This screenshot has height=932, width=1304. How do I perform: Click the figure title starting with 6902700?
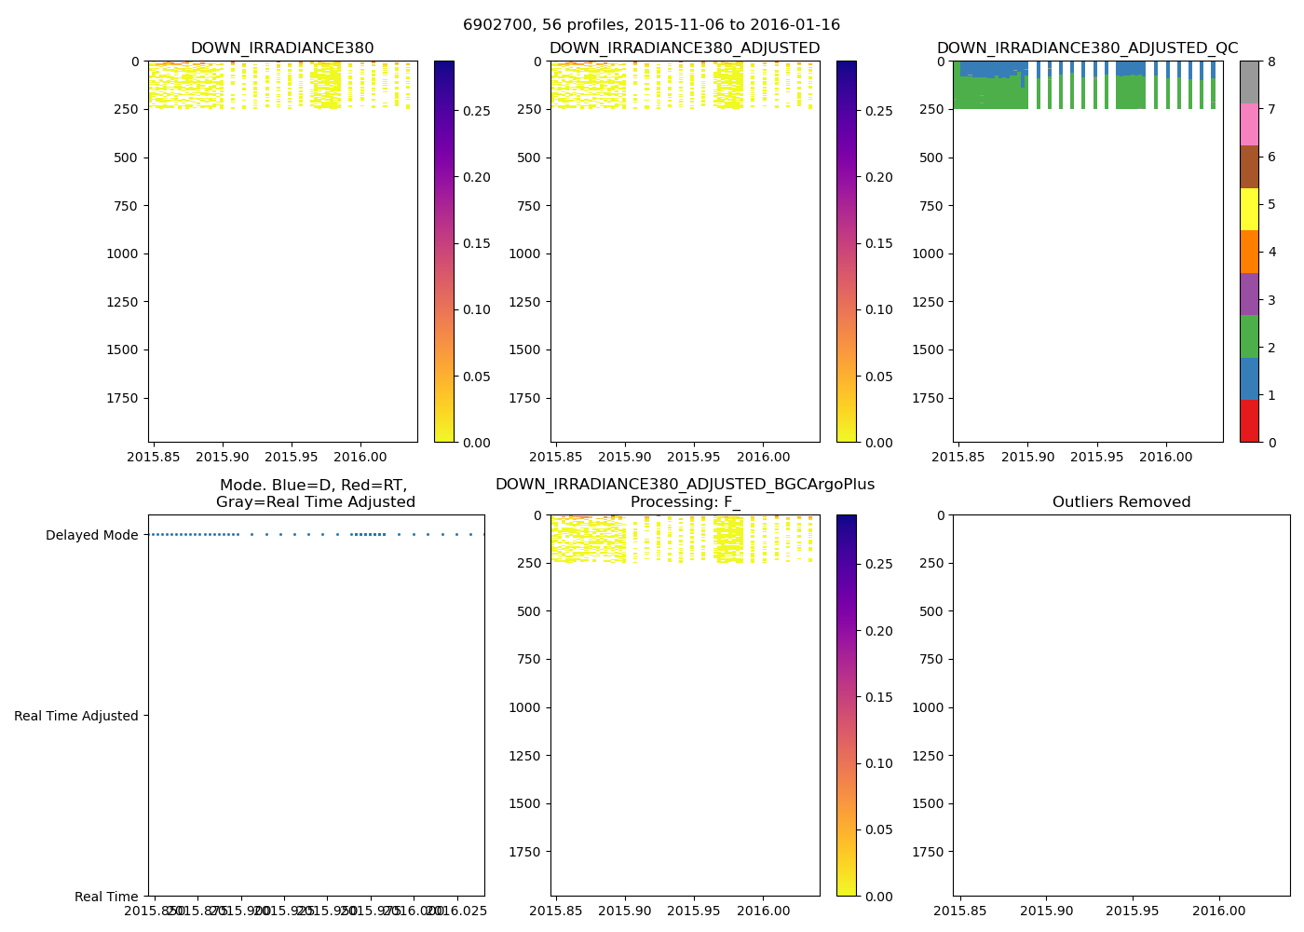[651, 25]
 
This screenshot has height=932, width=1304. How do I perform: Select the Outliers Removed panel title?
[1121, 502]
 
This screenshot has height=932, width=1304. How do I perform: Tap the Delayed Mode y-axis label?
[91, 535]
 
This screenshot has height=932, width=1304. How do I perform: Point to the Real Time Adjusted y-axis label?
[76, 716]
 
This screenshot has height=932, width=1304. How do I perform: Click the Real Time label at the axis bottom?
[106, 897]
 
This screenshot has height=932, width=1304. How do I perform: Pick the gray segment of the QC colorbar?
[1249, 82]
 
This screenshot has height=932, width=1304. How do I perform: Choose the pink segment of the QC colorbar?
[1249, 124]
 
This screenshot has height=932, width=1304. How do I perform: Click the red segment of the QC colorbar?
[1249, 421]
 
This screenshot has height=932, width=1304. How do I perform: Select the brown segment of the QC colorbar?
[1249, 167]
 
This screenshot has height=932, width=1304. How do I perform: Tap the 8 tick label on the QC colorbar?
[1271, 62]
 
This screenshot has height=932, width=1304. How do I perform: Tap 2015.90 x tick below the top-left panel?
[223, 458]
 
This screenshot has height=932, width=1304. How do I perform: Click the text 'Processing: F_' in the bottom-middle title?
[685, 502]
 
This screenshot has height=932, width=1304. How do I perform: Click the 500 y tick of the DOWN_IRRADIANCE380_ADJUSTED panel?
[531, 158]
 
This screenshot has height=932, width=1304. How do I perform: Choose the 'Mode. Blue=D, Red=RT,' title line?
[314, 486]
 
